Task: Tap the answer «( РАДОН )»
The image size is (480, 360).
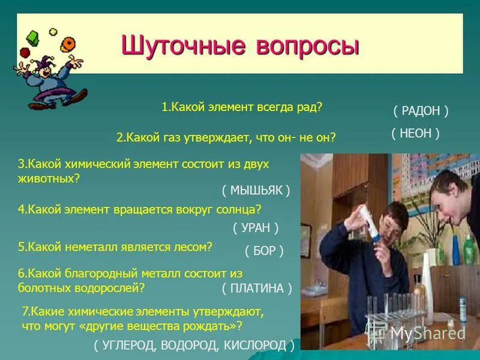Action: pyautogui.click(x=421, y=111)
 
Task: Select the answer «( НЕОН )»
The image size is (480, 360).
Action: pyautogui.click(x=416, y=133)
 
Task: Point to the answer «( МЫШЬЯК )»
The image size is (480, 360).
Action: pyautogui.click(x=256, y=190)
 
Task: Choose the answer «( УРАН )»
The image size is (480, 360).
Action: pyautogui.click(x=256, y=227)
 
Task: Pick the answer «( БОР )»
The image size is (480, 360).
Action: pyautogui.click(x=264, y=251)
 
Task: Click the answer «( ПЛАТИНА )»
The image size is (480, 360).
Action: pyautogui.click(x=256, y=288)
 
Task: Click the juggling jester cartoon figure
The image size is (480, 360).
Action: pyautogui.click(x=51, y=72)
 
